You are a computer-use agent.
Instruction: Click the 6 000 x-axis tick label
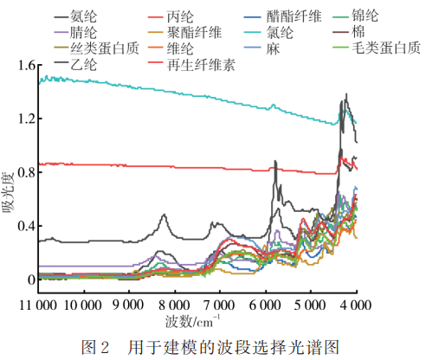(263, 304)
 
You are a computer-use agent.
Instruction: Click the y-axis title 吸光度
(10, 207)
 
